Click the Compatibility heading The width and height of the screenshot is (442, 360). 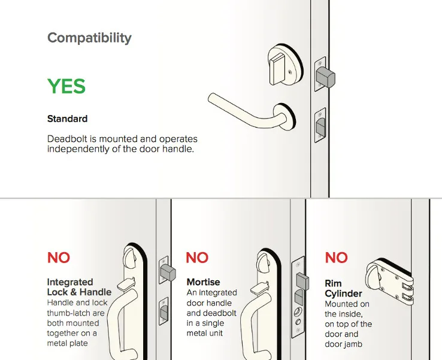click(89, 38)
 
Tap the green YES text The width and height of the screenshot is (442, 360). click(66, 86)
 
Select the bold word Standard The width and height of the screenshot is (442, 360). click(67, 119)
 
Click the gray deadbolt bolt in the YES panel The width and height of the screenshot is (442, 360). click(325, 77)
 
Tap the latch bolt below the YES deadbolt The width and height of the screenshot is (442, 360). click(320, 126)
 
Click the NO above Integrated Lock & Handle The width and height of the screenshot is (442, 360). click(59, 258)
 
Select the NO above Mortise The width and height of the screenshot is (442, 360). click(197, 258)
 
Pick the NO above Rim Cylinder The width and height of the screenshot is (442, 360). click(337, 258)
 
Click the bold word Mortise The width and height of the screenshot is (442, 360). click(203, 282)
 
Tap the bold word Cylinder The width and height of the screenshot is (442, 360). click(343, 294)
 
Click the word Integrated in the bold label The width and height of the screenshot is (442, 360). click(70, 282)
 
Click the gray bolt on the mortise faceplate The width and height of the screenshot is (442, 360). click(302, 282)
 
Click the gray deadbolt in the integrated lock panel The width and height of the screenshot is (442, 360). click(168, 273)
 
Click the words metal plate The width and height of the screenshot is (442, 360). click(67, 343)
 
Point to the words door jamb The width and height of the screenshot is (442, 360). click(343, 344)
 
